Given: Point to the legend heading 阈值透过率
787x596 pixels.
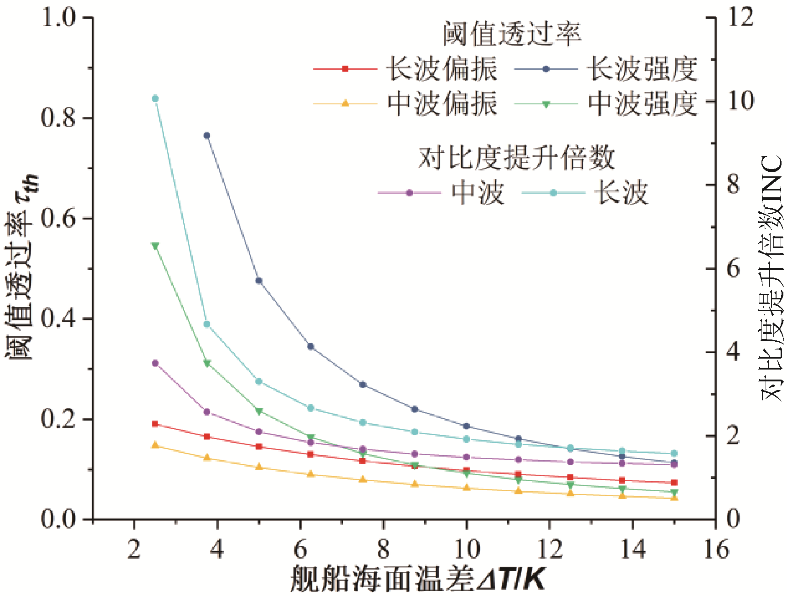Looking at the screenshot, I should pyautogui.click(x=511, y=34).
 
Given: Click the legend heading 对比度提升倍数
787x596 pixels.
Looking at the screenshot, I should pyautogui.click(x=516, y=158).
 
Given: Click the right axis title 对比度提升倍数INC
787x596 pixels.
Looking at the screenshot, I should pyautogui.click(x=772, y=278).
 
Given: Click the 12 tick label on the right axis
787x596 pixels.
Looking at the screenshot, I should pyautogui.click(x=741, y=17).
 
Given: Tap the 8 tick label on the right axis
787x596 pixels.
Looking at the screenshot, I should pyautogui.click(x=734, y=185).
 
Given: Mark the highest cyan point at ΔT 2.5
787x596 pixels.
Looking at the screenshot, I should pyautogui.click(x=155, y=98).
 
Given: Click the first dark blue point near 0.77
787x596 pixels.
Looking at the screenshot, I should pyautogui.click(x=207, y=135).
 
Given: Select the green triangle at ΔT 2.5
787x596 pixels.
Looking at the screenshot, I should pyautogui.click(x=155, y=246).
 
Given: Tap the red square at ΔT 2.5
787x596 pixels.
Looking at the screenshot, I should pyautogui.click(x=155, y=424).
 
